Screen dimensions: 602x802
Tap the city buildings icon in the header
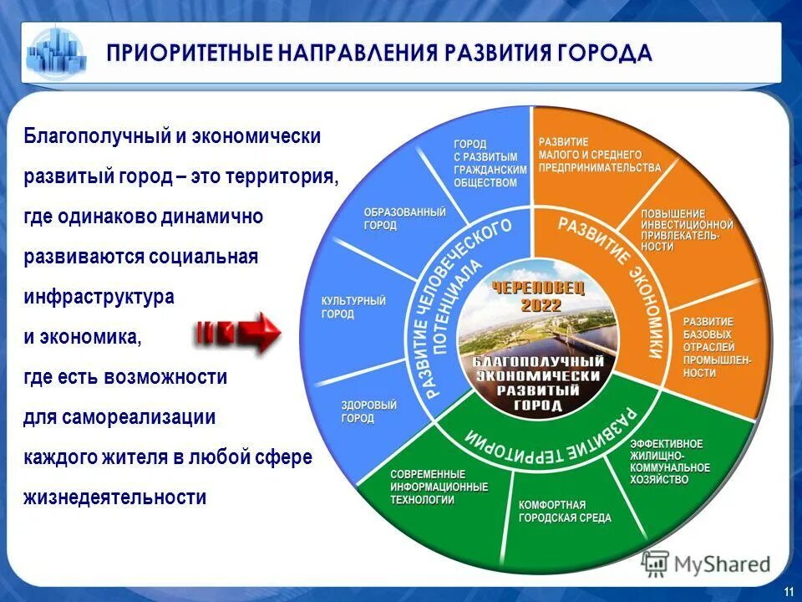click(x=57, y=52)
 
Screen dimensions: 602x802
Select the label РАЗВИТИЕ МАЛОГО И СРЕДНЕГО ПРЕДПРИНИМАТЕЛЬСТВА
click(x=598, y=155)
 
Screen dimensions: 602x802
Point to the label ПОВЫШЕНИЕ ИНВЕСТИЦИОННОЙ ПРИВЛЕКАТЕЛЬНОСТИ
click(x=686, y=230)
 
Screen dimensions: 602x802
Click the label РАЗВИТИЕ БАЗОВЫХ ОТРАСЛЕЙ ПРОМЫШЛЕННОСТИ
click(x=717, y=347)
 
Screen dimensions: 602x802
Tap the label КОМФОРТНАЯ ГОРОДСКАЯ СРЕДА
click(x=565, y=511)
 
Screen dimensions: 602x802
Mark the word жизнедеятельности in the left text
click(x=115, y=497)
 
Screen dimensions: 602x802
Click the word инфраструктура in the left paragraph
click(x=99, y=297)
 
